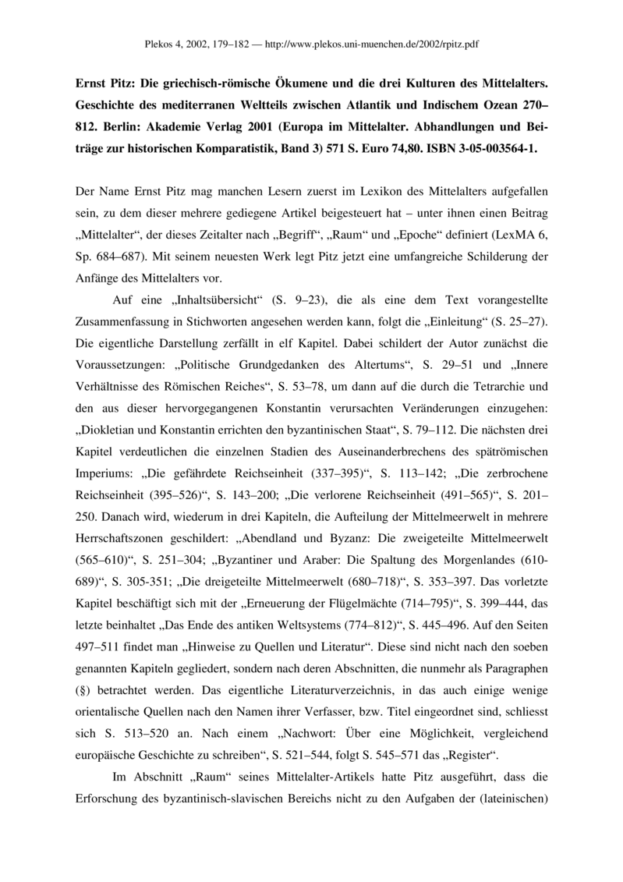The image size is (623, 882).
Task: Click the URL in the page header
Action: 371,44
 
